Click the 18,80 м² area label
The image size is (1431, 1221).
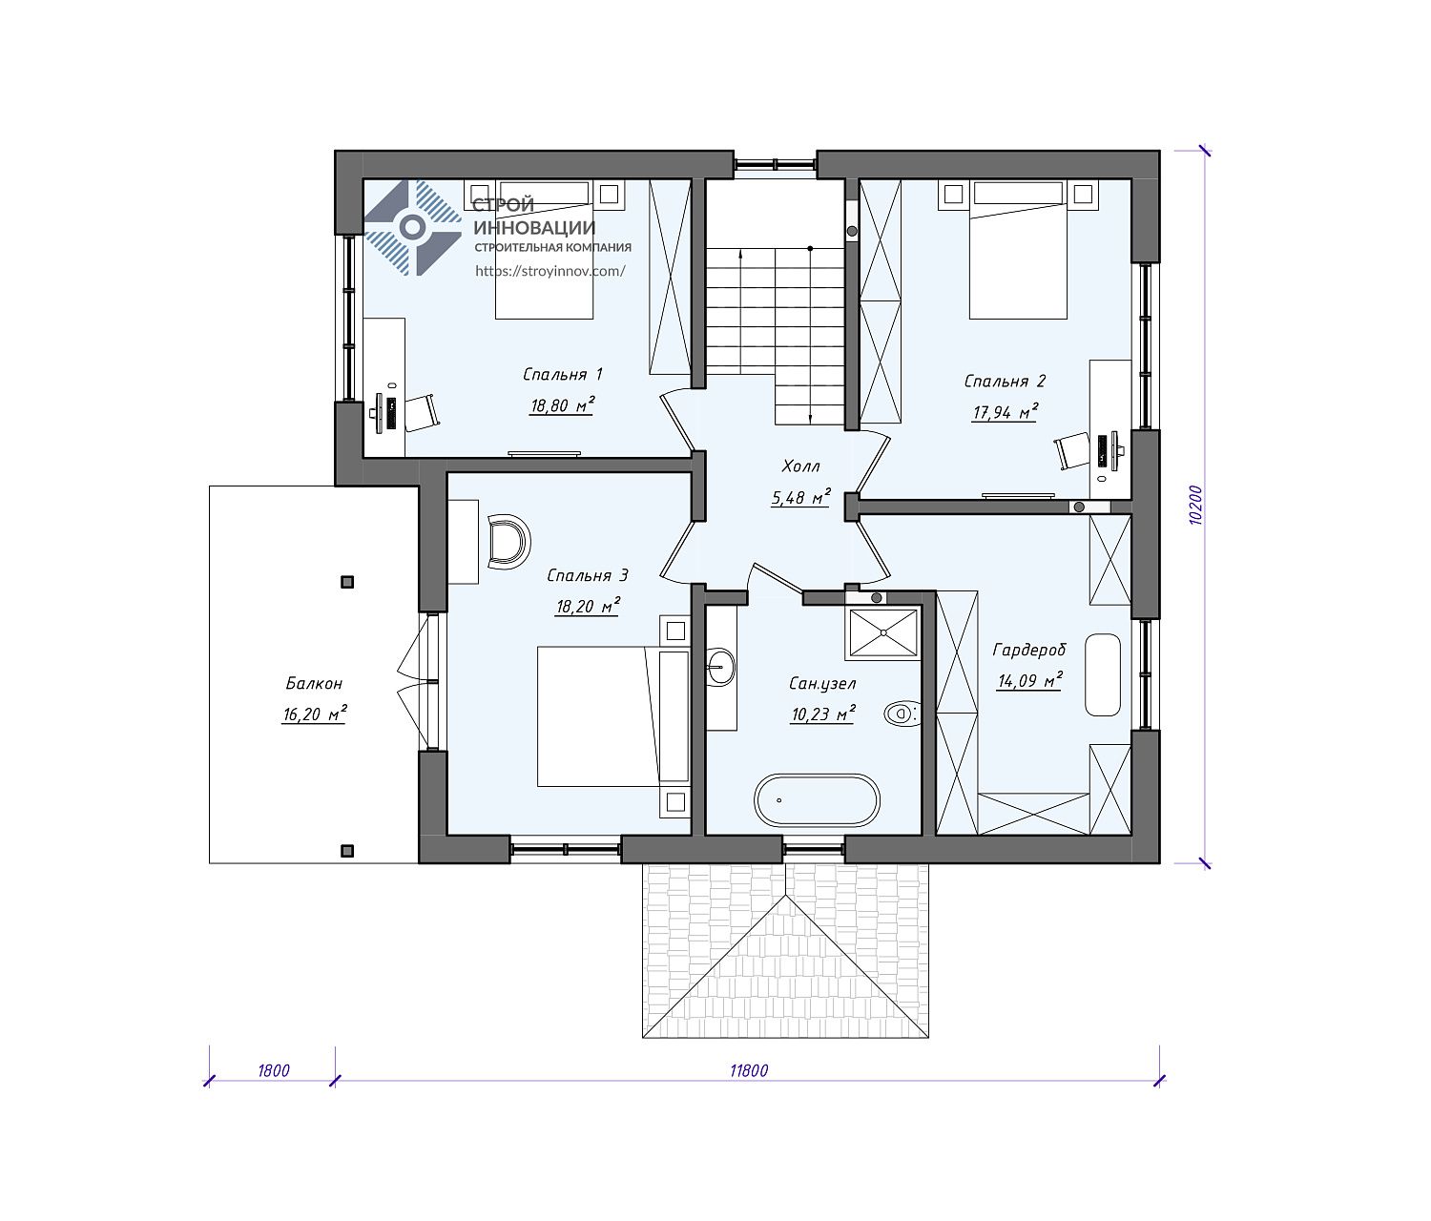pos(562,404)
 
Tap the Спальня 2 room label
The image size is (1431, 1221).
pos(1005,381)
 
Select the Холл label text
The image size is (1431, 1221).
pos(800,466)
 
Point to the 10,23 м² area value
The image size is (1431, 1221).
pos(823,714)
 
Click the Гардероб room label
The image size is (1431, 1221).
pos(1029,650)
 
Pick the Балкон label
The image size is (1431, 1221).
pos(314,684)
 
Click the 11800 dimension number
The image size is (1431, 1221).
pos(748,1071)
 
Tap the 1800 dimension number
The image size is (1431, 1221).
pos(274,1071)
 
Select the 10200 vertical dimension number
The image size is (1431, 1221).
pos(1195,506)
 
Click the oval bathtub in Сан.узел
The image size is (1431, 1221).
pos(817,799)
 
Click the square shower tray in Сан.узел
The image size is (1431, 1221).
pos(882,632)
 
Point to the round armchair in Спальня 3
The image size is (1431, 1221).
pos(508,541)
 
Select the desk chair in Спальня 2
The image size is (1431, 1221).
pos(1072,451)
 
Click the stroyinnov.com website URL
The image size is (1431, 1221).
pos(550,271)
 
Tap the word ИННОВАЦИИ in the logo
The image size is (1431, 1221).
pos(534,228)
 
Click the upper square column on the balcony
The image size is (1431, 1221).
pos(347,582)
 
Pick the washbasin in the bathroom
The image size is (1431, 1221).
pos(720,668)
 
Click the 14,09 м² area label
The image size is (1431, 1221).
pos(1029,680)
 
